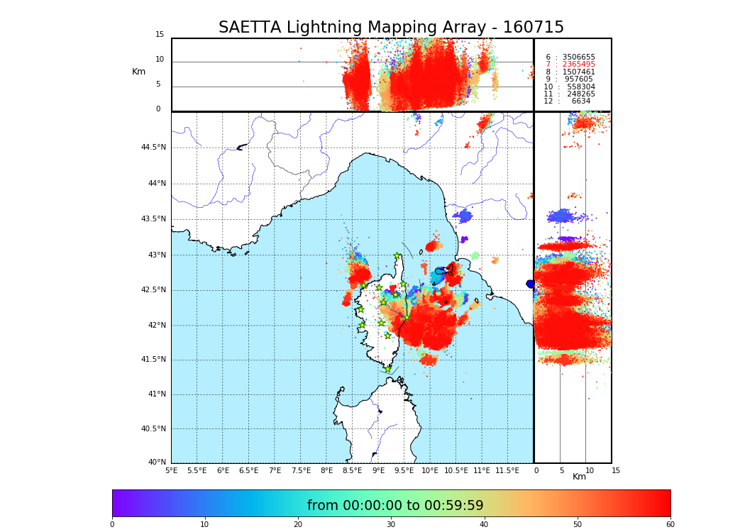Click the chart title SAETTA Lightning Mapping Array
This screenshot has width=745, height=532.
coord(391,28)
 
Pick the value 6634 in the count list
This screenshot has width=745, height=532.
coord(580,101)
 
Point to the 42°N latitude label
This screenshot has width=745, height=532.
coord(155,326)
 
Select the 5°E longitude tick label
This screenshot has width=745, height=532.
coord(172,470)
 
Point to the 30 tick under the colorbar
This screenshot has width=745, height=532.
coord(391,525)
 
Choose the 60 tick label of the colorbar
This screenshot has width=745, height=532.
coord(670,525)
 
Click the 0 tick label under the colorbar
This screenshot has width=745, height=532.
coord(112,525)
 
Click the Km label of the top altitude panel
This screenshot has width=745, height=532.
coord(138,72)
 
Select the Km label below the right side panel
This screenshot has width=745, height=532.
coord(579,477)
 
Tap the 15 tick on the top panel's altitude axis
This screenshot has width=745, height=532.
coord(160,35)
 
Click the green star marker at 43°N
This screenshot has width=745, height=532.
coord(397,256)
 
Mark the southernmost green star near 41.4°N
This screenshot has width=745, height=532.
coord(387,369)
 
